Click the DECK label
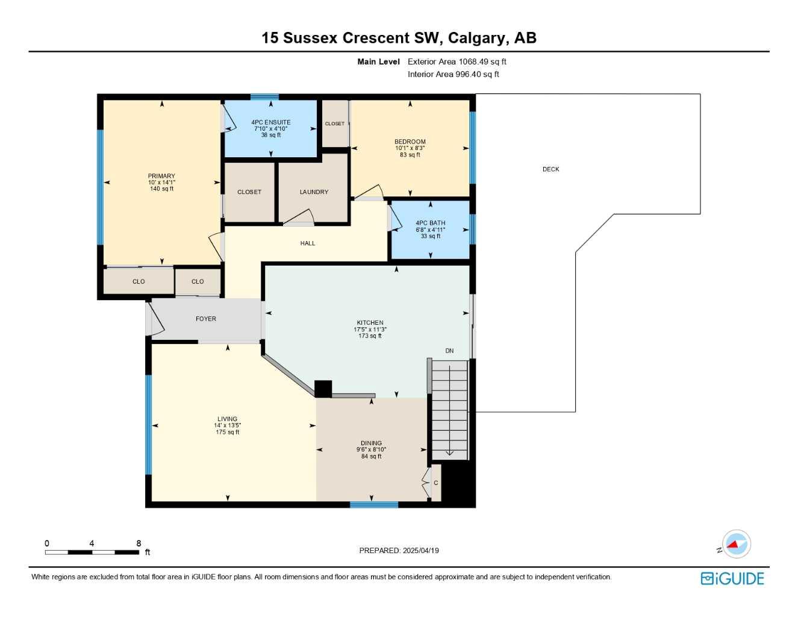[550, 169]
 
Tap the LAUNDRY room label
[314, 192]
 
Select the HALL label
[307, 243]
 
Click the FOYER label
[205, 319]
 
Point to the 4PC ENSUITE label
[270, 122]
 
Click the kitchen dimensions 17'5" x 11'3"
[370, 330]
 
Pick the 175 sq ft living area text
[227, 432]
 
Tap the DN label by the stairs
[449, 351]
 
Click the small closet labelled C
[435, 483]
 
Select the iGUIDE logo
[732, 578]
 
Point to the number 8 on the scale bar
[139, 543]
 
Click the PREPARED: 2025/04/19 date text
[399, 551]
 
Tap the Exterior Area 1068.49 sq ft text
[457, 61]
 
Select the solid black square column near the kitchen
[323, 389]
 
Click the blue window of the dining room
[374, 504]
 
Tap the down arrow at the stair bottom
[449, 453]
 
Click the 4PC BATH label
[431, 223]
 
